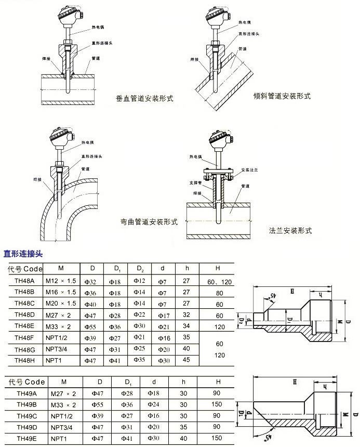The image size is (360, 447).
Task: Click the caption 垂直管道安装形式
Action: [144, 98]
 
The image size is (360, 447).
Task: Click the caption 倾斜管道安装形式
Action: [282, 96]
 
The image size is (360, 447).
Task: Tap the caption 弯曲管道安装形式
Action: [149, 222]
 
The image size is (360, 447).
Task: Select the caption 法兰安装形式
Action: [290, 230]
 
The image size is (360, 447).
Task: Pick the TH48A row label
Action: [24, 281]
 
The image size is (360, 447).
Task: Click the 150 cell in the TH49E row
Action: [217, 438]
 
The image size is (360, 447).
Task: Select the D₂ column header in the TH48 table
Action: [140, 268]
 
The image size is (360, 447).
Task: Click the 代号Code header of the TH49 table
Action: [26, 382]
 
